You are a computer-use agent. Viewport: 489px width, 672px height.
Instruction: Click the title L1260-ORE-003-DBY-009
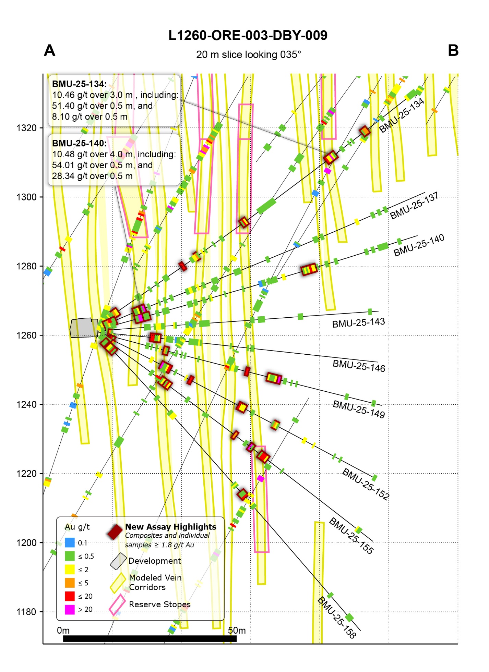248,35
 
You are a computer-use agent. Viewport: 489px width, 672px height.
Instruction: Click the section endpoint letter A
50,51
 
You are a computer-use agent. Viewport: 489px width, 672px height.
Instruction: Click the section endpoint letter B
453,51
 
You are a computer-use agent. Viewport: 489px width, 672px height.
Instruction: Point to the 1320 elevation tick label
26,128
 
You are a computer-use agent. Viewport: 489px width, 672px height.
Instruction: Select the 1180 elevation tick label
26,612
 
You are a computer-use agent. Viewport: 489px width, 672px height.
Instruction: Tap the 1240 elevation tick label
26,405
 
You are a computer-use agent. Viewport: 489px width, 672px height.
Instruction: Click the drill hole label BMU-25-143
358,323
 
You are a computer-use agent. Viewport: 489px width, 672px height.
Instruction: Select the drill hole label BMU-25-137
414,206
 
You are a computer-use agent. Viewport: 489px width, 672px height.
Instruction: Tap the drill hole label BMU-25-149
359,409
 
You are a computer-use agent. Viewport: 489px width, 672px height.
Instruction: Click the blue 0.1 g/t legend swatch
70,543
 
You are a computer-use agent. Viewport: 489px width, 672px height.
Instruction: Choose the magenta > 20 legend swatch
70,610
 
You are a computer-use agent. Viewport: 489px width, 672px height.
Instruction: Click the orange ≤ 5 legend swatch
70,583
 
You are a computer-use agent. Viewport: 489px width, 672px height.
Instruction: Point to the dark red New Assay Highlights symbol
115,532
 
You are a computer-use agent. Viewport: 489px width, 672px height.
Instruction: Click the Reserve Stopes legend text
159,604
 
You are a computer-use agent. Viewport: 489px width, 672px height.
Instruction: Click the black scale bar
150,639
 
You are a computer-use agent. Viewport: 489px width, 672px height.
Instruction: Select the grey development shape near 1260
84,328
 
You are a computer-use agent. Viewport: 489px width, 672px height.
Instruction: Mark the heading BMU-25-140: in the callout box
79,143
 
